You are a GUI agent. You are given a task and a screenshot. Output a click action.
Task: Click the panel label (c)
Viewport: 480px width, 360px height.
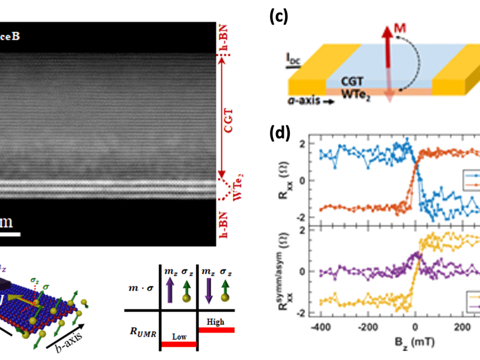tap(278, 16)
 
